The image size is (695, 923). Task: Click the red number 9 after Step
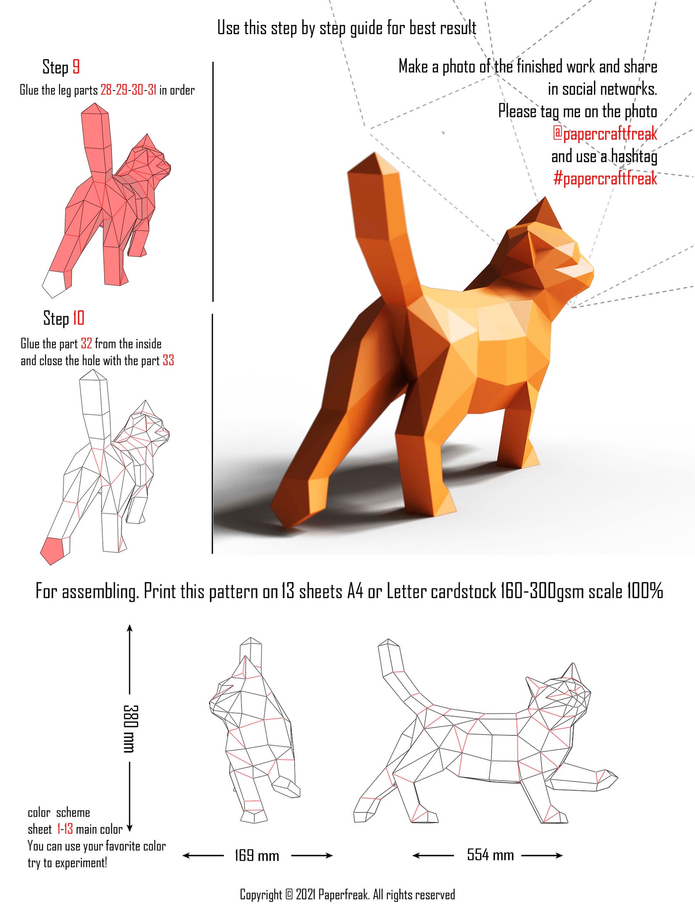click(x=76, y=67)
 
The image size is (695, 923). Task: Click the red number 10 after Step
click(x=78, y=318)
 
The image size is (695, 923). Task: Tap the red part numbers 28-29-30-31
click(x=128, y=90)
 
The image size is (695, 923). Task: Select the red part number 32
click(x=86, y=344)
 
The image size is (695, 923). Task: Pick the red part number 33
click(x=168, y=360)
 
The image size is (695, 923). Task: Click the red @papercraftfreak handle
click(x=605, y=133)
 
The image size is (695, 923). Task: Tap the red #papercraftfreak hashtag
click(x=605, y=178)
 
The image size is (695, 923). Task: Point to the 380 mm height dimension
click(x=130, y=728)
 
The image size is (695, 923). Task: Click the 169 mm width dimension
click(x=257, y=855)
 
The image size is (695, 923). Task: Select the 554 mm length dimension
click(x=490, y=854)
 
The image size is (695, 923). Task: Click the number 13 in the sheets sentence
click(x=288, y=591)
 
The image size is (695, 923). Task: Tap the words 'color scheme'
click(x=59, y=813)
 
